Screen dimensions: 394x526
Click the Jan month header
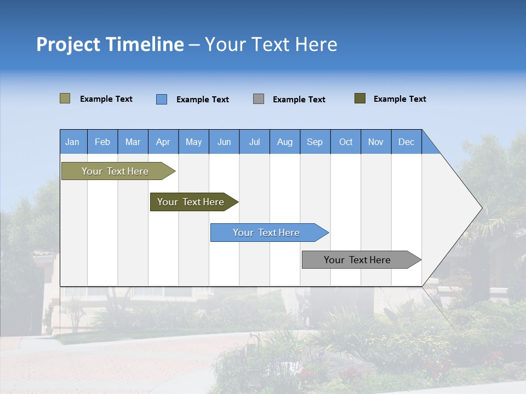click(72, 142)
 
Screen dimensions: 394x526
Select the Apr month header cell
click(163, 142)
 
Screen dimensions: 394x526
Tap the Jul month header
click(255, 142)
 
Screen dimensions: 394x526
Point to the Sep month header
click(315, 142)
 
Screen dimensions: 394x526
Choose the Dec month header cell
click(406, 142)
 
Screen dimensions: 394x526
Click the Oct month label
click(346, 142)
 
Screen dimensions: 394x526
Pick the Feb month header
click(102, 142)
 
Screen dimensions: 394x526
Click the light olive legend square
click(65, 99)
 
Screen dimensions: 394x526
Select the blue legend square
click(162, 99)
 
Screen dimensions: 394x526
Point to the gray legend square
click(259, 99)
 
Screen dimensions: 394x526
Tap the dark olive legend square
click(360, 99)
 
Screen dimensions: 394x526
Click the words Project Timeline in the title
click(110, 44)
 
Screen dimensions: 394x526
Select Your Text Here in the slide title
click(271, 44)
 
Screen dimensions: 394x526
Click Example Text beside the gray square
click(299, 100)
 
